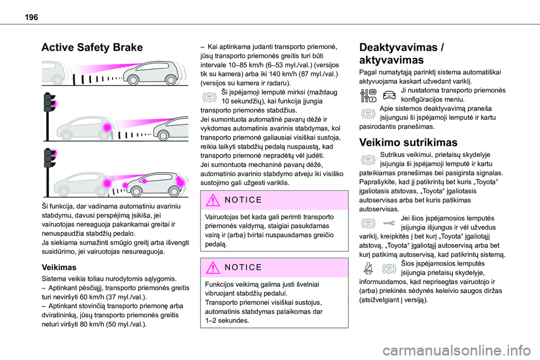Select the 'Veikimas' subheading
pos(60,268)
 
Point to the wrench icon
pos(389,224)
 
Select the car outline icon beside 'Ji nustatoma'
pos(389,97)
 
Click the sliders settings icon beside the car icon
pos(367,97)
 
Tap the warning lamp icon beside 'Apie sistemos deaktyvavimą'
pos(367,114)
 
